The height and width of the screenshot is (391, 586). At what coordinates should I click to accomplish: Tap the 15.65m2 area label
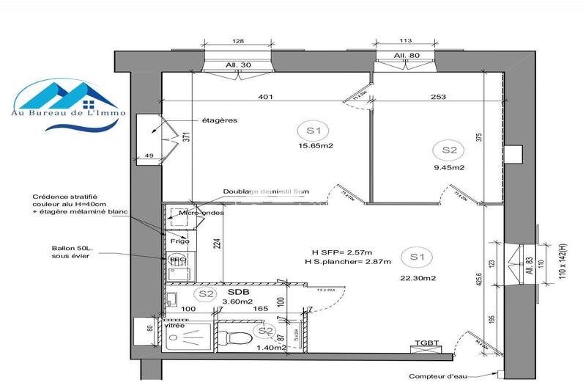(315, 145)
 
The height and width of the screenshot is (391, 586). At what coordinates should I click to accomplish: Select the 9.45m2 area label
(450, 167)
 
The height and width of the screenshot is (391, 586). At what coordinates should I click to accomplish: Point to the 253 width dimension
(439, 96)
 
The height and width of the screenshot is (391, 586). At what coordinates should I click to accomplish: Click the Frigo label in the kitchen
(179, 240)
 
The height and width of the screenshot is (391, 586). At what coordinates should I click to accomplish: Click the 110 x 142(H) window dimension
(564, 252)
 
